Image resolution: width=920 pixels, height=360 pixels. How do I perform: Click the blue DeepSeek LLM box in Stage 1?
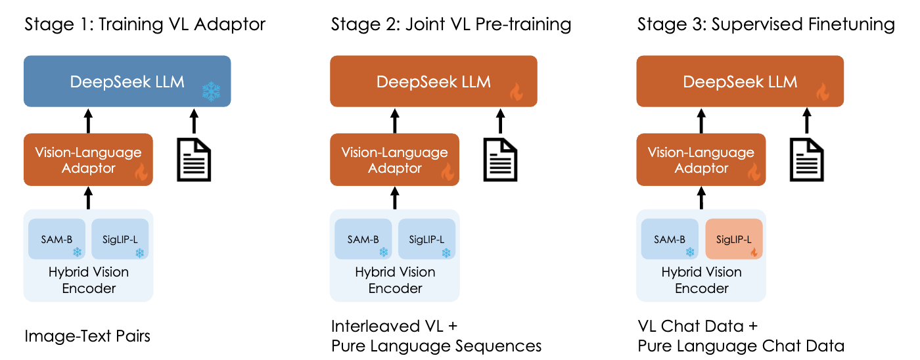click(127, 81)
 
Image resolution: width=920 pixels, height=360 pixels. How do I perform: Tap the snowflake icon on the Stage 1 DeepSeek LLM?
click(211, 92)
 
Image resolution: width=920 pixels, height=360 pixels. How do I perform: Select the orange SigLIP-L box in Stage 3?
click(733, 240)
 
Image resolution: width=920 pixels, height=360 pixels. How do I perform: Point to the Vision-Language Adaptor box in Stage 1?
click(88, 160)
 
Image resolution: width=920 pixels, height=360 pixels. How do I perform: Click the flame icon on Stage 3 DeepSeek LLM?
click(823, 93)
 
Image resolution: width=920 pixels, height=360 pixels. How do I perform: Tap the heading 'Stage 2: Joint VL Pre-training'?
click(451, 25)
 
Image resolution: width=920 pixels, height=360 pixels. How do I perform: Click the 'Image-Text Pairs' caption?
click(87, 336)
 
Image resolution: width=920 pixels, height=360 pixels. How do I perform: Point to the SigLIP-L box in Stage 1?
click(120, 240)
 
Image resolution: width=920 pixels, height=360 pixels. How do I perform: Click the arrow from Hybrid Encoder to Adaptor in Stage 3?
click(701, 197)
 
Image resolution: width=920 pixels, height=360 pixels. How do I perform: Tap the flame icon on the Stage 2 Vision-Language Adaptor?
click(448, 173)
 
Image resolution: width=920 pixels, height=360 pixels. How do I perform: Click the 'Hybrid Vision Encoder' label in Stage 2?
click(395, 280)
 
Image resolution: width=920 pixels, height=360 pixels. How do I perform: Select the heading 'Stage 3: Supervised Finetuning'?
click(766, 25)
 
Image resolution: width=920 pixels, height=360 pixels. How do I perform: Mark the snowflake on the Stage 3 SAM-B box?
click(690, 252)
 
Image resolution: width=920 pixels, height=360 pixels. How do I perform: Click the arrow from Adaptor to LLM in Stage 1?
click(88, 120)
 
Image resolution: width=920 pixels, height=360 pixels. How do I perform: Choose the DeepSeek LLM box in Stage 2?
click(434, 81)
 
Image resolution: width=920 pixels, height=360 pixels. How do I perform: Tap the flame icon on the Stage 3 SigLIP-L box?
click(754, 252)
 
